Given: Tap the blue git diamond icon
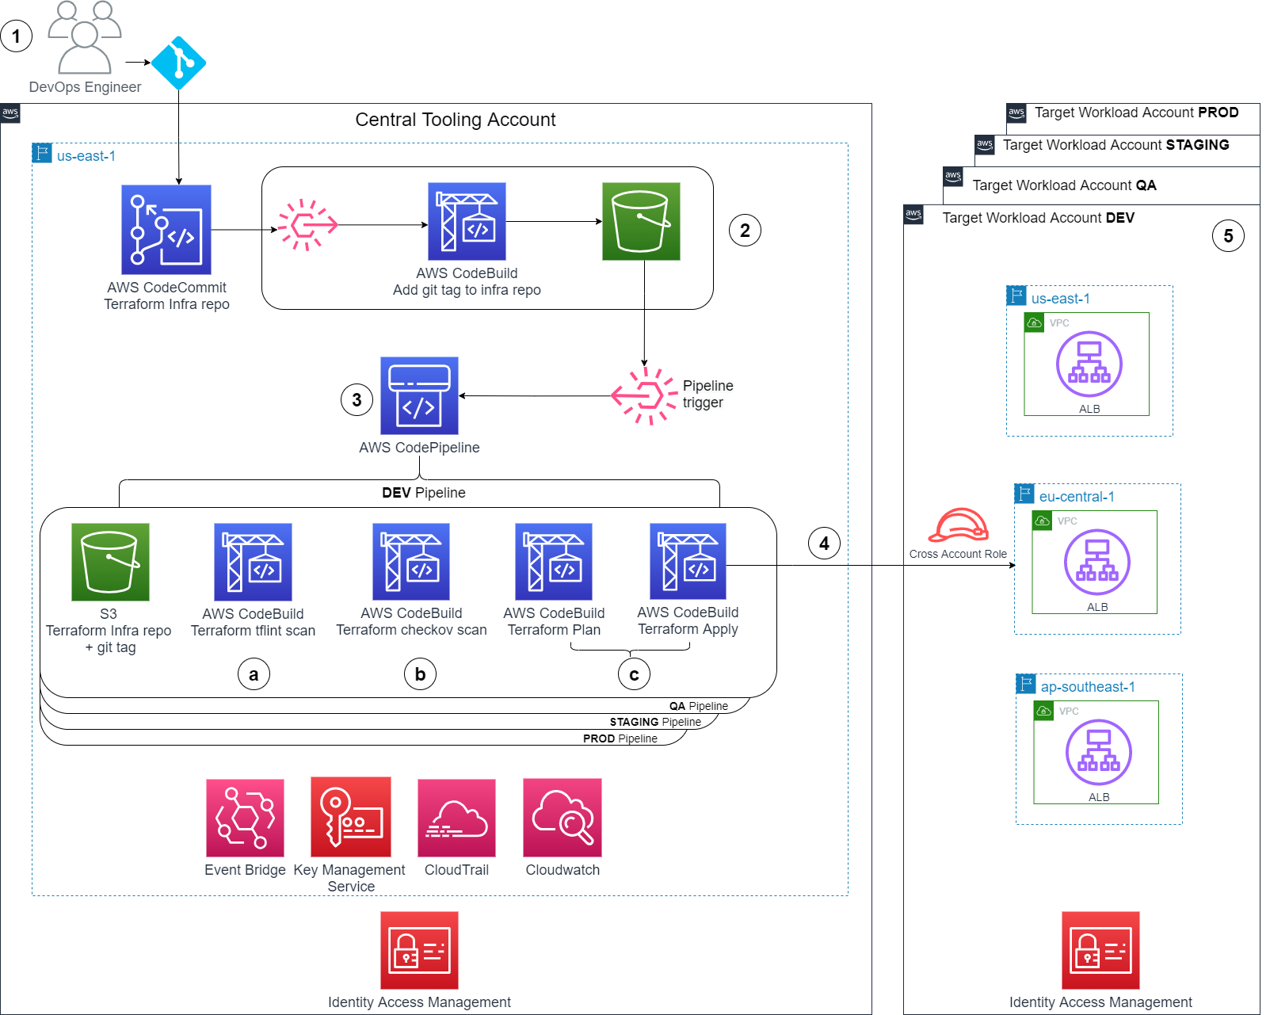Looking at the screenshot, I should coord(178,63).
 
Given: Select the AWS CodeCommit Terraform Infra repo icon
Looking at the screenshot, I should coord(166,230).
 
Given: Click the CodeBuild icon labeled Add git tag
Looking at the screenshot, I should coord(467,222).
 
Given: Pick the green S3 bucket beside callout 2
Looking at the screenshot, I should coord(641,222).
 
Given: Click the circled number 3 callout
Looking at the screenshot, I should coord(357,400).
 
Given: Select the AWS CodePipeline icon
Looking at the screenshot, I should coord(419,395).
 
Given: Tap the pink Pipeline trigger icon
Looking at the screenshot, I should coord(644,395).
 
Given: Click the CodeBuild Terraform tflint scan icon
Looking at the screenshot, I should coord(253,562).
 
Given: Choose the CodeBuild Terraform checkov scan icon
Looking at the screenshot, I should coord(411,562).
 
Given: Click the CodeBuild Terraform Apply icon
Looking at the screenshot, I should coord(688,562).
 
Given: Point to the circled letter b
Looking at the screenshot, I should coord(420,674).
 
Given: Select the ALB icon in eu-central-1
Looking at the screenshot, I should coord(1097,563).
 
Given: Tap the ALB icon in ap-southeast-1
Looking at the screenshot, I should coord(1099,753).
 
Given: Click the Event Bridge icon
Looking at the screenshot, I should coord(245,818).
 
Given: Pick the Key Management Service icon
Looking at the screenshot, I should coord(351,817).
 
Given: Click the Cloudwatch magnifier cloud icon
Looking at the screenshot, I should coord(563,818).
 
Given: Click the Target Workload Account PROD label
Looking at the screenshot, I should coord(1136,113).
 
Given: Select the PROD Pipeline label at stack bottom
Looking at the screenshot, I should coord(620,738).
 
